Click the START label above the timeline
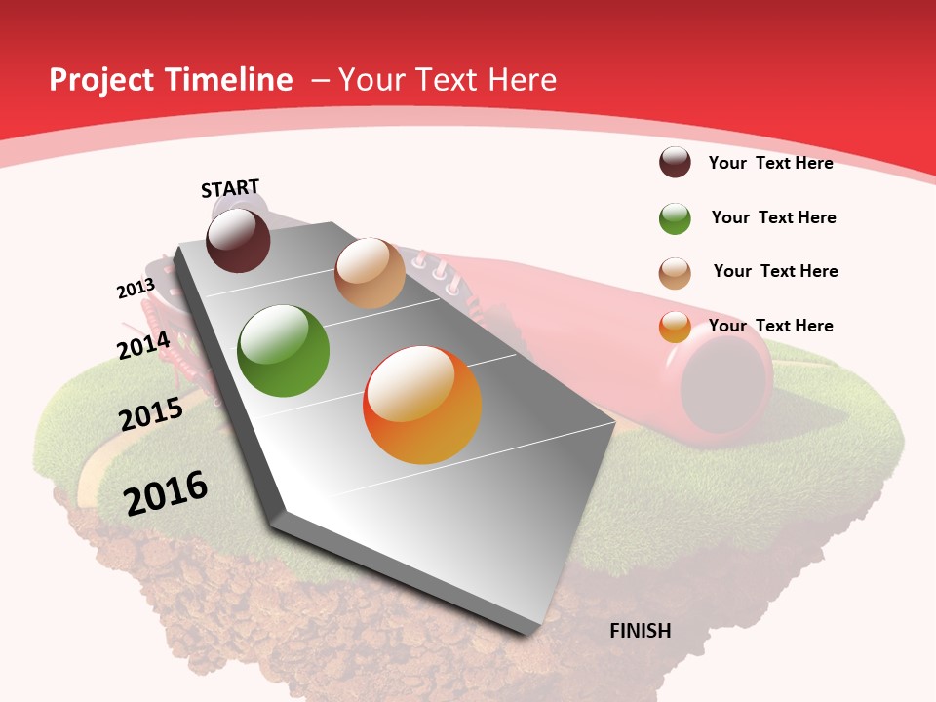pyautogui.click(x=230, y=188)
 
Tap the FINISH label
pyautogui.click(x=640, y=631)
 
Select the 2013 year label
pyautogui.click(x=136, y=289)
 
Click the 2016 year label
pyautogui.click(x=166, y=492)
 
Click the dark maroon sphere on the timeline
pyautogui.click(x=238, y=240)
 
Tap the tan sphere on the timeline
pyautogui.click(x=370, y=273)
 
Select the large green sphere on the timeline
pyautogui.click(x=284, y=351)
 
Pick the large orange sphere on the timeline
pyautogui.click(x=422, y=405)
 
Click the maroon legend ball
pyautogui.click(x=675, y=162)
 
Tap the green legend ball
pyautogui.click(x=675, y=218)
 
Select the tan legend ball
pyautogui.click(x=675, y=273)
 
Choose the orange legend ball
pyautogui.click(x=675, y=328)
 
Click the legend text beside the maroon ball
pyautogui.click(x=770, y=163)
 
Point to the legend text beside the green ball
pyautogui.click(x=773, y=217)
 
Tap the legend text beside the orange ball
pyautogui.click(x=770, y=326)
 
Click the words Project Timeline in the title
pyautogui.click(x=171, y=80)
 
